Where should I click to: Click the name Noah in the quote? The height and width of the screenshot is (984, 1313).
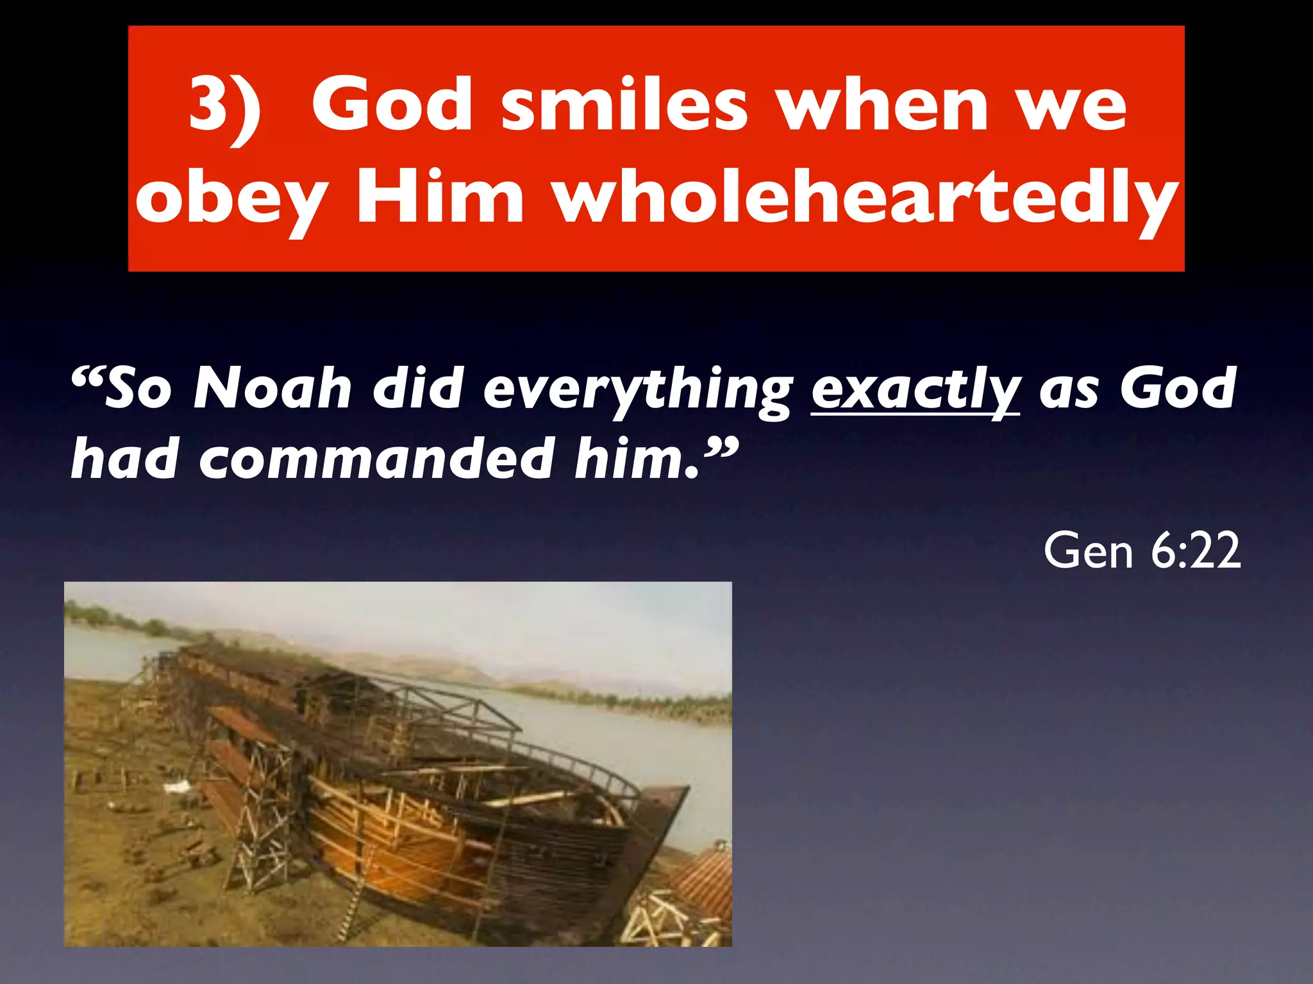point(272,389)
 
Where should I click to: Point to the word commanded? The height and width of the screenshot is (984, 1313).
point(377,459)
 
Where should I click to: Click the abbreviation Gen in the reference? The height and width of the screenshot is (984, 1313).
point(1088,550)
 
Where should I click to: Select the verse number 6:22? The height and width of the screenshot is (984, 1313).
point(1196,550)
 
